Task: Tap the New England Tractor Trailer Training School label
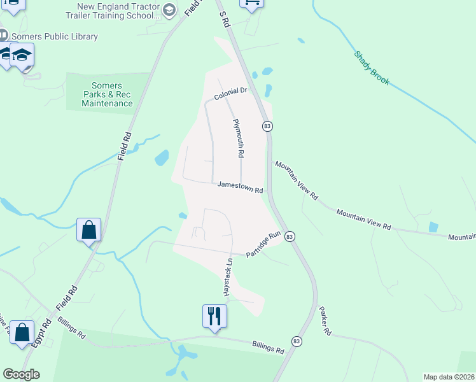tap(118, 11)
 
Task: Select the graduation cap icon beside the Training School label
tap(169, 10)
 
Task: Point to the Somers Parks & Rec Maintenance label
tap(107, 94)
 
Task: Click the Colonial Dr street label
tap(230, 95)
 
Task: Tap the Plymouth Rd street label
tap(239, 138)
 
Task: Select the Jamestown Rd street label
tap(240, 187)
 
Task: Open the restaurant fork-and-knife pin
tap(215, 316)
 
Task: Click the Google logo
tap(21, 374)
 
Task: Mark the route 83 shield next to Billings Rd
tap(296, 342)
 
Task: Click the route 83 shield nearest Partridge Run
tap(290, 236)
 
